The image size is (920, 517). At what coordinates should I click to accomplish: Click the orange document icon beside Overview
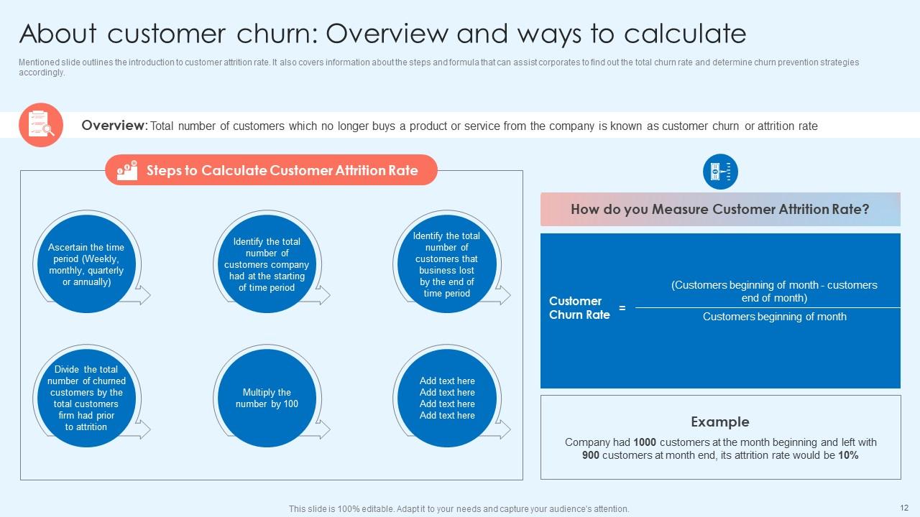point(41,125)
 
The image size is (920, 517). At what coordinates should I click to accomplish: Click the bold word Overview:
point(114,126)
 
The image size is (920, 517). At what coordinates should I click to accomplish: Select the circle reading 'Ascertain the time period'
point(86,264)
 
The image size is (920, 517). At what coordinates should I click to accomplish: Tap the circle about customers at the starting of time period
point(267,264)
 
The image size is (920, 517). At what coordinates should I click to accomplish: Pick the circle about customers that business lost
point(446,264)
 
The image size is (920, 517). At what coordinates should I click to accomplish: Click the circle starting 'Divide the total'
point(86,398)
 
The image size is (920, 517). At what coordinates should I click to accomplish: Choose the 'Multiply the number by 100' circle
point(267,398)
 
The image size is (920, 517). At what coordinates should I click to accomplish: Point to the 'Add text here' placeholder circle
point(446,398)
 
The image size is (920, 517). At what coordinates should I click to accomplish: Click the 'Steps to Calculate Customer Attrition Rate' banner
point(282,170)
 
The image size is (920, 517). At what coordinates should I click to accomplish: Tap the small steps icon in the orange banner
point(127,170)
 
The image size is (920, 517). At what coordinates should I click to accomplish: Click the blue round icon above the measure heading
point(720,172)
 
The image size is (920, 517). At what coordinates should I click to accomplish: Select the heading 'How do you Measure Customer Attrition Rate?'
point(719,210)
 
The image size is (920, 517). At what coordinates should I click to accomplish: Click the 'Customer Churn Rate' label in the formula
point(579,308)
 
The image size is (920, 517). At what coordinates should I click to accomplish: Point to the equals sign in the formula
point(622,308)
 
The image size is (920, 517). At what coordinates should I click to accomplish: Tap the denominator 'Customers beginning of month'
point(774,317)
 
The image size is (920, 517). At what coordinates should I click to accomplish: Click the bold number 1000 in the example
point(645,443)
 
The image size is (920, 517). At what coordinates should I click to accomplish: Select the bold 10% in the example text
point(848,456)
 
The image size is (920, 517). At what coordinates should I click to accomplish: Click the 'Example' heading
point(719,422)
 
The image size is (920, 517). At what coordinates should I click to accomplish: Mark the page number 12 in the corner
point(904,508)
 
